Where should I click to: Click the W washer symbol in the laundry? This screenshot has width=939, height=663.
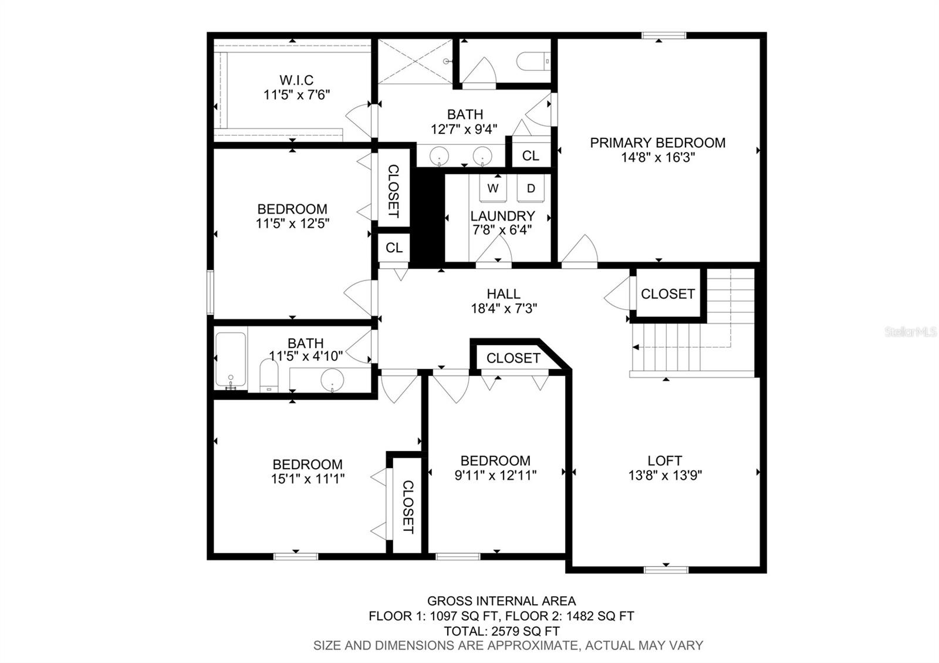pos(493,188)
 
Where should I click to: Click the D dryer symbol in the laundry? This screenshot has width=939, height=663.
pos(531,188)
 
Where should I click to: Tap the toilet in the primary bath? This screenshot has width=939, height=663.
pos(533,61)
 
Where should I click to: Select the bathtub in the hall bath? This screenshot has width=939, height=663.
pos(230,359)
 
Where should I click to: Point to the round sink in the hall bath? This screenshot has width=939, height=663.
pos(332,380)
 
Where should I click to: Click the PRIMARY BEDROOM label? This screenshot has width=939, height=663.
pos(658,143)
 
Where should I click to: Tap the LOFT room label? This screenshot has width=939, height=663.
pos(665,461)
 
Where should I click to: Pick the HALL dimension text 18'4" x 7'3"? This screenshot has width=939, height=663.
pos(504,309)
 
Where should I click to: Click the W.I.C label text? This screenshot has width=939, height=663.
pos(297,80)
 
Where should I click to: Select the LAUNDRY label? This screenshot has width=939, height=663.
pos(502,216)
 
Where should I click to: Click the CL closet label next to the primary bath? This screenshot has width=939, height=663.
pos(531,156)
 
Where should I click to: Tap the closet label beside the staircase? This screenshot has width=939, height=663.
pos(668,294)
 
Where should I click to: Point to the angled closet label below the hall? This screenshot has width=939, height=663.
pos(514,358)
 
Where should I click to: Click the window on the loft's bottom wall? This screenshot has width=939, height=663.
pos(666,570)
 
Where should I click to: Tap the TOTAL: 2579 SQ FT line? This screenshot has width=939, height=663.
pos(502,631)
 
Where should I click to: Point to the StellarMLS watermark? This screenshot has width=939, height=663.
pos(910,332)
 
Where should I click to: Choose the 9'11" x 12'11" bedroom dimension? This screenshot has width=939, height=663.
pos(496,475)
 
